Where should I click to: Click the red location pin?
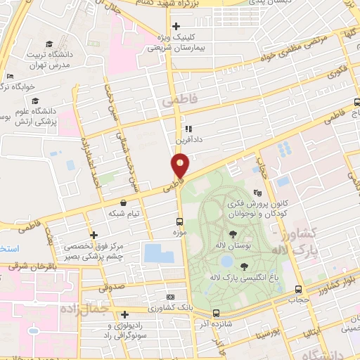click(180, 166)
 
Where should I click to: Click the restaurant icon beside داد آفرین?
click(188, 129)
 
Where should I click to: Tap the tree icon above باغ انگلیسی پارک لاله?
click(244, 266)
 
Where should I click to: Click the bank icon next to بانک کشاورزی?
click(169, 298)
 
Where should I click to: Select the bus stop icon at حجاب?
click(299, 289)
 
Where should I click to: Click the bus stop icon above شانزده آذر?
click(215, 313)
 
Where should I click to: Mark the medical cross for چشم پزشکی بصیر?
click(94, 235)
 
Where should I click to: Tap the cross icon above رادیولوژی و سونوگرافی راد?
click(124, 315)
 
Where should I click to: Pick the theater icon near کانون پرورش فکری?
click(258, 191)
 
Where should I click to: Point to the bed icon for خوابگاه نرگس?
click(9, 77)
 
